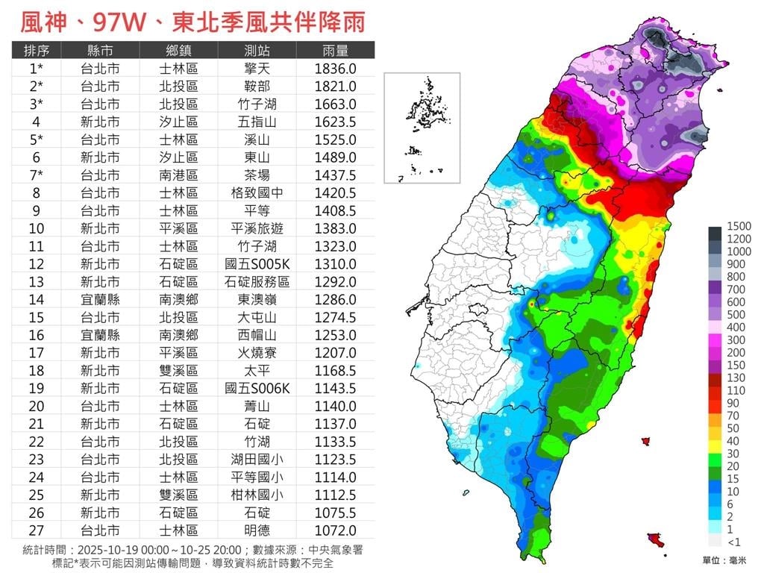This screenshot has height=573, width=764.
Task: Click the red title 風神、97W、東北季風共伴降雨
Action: [x=192, y=22]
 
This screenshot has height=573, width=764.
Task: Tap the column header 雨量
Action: [x=335, y=51]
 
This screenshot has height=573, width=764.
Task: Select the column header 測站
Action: [x=257, y=51]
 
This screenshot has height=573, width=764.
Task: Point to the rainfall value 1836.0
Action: [x=335, y=69]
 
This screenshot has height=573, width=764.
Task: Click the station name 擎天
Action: [x=257, y=69]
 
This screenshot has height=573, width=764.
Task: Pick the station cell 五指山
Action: [x=257, y=122]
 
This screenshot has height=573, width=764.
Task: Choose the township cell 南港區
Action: [x=179, y=175]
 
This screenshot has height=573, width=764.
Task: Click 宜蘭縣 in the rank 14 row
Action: [x=100, y=299]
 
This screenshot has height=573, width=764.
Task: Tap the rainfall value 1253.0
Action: [x=335, y=335]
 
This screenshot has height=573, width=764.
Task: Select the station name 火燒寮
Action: [x=257, y=353]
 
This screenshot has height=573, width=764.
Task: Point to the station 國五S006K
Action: [x=257, y=388]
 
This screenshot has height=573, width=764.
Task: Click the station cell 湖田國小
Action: [x=257, y=459]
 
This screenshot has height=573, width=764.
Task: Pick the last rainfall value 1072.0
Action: [x=335, y=530]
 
